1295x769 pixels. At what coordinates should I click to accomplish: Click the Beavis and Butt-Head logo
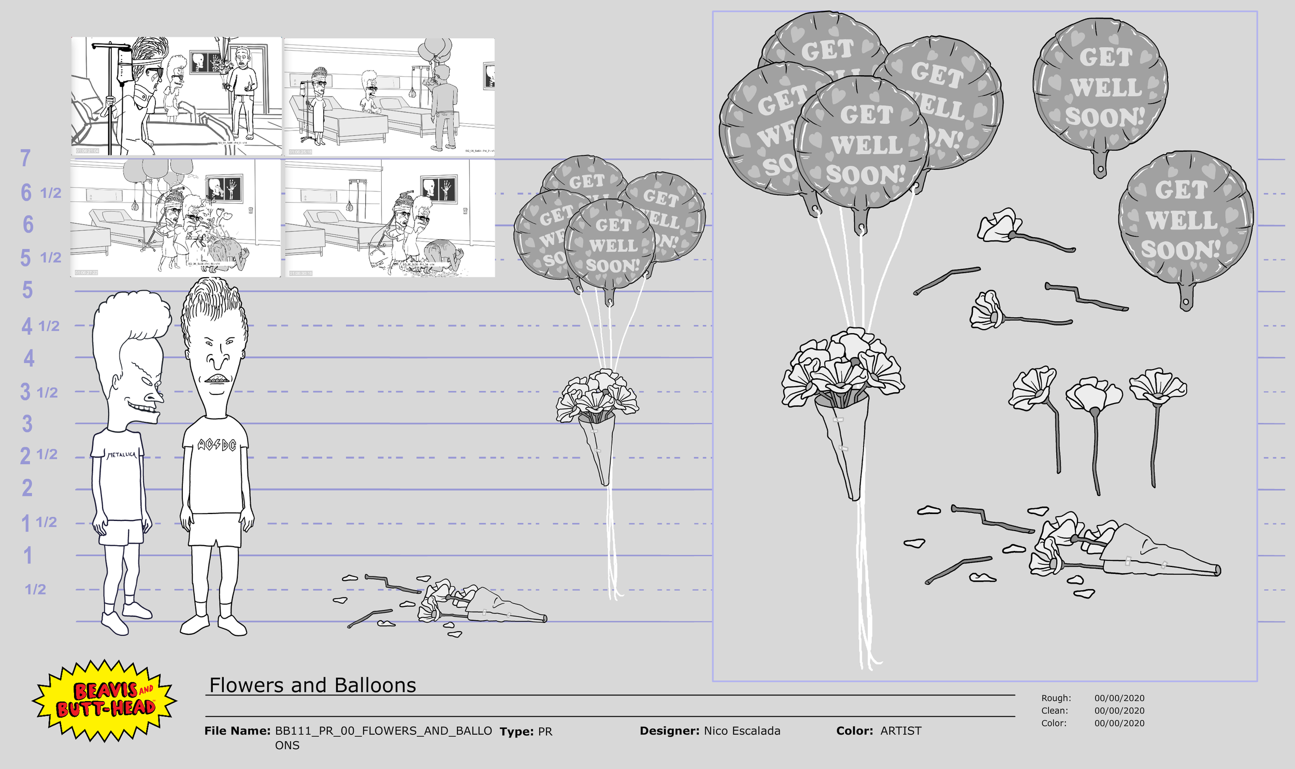[105, 700]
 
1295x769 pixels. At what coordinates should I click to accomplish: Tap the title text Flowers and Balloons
[312, 685]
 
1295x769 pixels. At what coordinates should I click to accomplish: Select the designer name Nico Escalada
[742, 731]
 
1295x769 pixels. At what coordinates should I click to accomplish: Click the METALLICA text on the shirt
[121, 454]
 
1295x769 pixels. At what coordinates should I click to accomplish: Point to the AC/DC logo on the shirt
[217, 445]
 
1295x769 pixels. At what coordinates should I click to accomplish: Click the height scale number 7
[25, 158]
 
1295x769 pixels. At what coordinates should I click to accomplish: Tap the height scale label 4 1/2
[40, 326]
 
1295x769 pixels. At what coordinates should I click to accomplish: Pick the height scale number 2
[27, 488]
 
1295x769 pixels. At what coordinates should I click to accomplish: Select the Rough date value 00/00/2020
[1119, 698]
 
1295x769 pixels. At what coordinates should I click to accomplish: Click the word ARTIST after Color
[901, 731]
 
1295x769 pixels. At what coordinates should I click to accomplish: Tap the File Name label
[237, 731]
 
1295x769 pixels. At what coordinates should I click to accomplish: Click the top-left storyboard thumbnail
[176, 96]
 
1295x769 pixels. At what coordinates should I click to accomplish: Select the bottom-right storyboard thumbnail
[390, 218]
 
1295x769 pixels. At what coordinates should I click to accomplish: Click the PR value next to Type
[545, 731]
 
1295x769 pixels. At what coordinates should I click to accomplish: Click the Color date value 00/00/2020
[1119, 723]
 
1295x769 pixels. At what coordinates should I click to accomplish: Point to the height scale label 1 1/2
[39, 522]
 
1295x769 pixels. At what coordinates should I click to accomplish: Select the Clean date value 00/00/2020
[1119, 710]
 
